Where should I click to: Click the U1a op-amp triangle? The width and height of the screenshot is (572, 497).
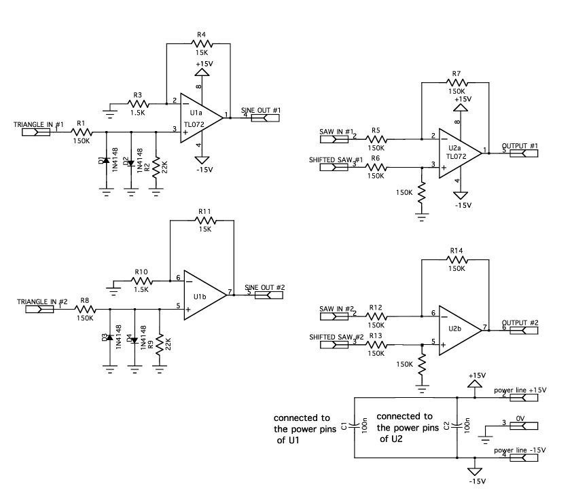[x=200, y=117]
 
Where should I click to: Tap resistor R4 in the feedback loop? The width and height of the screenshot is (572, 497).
[x=202, y=43]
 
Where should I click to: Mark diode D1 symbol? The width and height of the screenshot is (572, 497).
[x=107, y=160]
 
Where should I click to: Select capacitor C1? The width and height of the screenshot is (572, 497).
[x=356, y=426]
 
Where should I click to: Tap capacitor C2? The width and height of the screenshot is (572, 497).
[x=457, y=426]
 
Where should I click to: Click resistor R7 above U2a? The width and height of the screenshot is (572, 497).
[x=456, y=81]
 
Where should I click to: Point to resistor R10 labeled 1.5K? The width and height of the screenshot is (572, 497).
[x=141, y=279]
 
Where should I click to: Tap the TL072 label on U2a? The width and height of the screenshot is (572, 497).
[x=456, y=155]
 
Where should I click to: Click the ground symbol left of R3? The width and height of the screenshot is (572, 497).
[x=111, y=107]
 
